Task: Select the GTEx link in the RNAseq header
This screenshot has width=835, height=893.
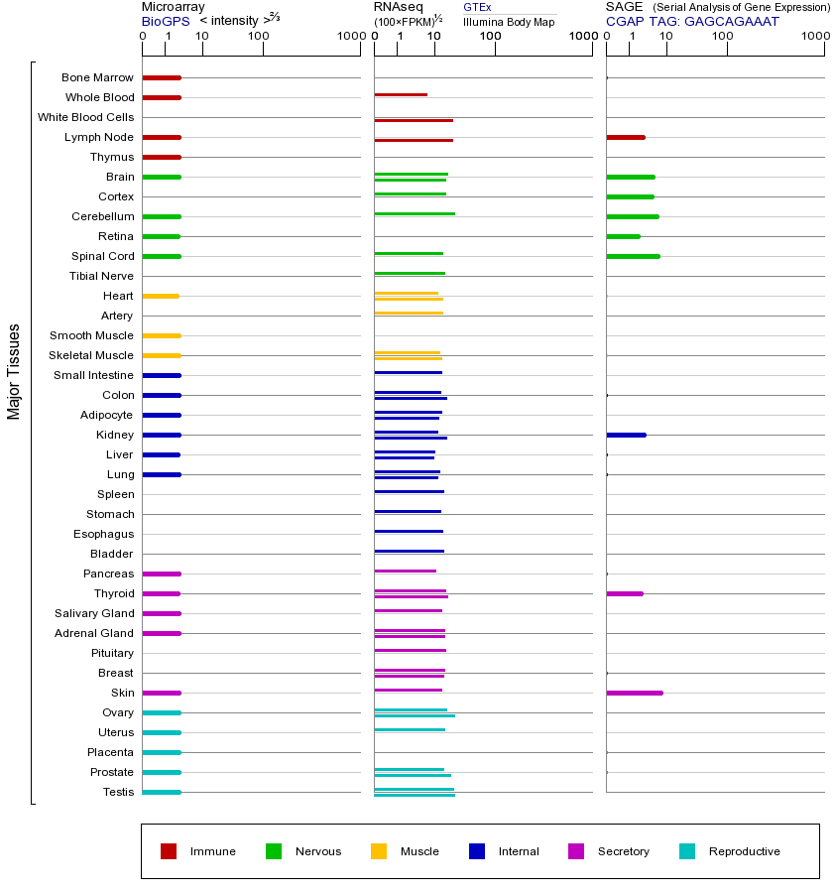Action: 477,7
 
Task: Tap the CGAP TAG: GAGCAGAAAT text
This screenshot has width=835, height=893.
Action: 692,21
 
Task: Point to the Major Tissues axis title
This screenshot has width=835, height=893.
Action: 14,371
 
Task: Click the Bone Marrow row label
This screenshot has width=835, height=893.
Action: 97,77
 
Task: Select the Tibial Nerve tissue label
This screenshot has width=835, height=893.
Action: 101,276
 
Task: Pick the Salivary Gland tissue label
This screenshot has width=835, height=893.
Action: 94,613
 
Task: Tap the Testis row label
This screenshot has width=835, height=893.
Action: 118,792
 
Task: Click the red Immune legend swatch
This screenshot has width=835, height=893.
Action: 169,851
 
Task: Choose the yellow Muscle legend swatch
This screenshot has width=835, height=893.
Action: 379,851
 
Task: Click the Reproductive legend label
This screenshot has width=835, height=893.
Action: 744,851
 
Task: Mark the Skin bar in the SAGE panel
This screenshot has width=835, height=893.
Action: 634,693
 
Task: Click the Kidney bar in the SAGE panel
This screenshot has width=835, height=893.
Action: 626,435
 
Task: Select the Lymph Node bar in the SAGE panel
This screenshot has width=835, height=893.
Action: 625,137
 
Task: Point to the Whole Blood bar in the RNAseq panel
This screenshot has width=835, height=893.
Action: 401,95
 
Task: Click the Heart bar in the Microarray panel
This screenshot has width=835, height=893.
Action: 161,296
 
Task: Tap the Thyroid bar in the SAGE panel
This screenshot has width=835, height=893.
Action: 624,593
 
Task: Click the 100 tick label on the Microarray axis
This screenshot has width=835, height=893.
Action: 259,37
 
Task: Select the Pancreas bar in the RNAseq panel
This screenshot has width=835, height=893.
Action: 405,572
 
